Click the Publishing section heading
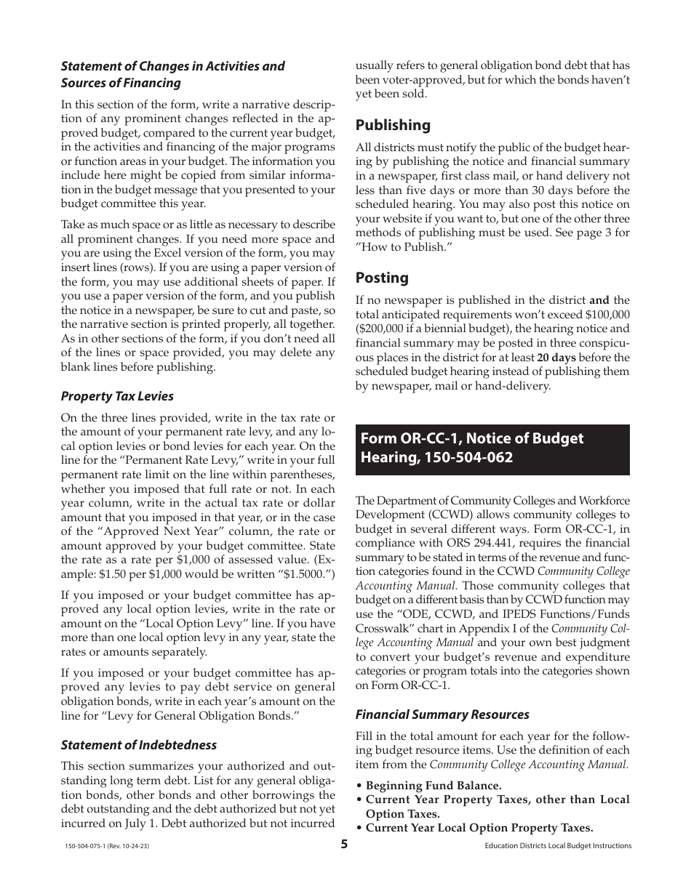click(x=393, y=125)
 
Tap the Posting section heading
click(x=382, y=278)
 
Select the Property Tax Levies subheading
click(x=117, y=396)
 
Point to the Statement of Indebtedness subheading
click(x=138, y=744)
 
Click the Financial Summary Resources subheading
click(x=442, y=714)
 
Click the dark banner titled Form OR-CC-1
click(x=492, y=448)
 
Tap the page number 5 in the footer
click(x=345, y=845)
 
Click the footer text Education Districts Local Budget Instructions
click(x=557, y=846)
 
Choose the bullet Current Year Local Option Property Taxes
click(x=479, y=828)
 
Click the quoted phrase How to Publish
click(x=401, y=247)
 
